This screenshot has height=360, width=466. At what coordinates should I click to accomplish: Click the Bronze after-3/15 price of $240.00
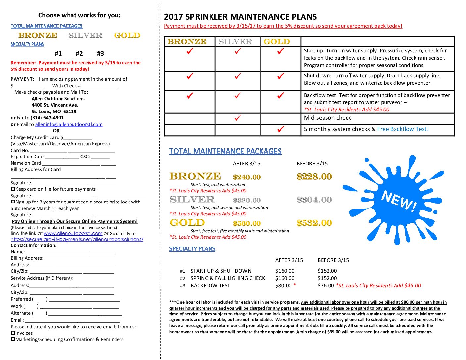coord(247,177)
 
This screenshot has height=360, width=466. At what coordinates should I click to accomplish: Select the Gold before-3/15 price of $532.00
coord(314,223)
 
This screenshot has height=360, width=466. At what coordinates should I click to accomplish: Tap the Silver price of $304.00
coord(314,200)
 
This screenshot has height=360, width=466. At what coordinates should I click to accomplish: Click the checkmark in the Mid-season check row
coord(237,118)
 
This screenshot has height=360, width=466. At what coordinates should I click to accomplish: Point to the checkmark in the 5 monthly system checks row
coord(280,129)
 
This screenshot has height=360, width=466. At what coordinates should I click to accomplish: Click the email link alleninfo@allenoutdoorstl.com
coord(69,124)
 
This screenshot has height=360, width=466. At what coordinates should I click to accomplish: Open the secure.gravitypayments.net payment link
coord(77,239)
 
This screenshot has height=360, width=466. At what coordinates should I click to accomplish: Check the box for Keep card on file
coord(13,189)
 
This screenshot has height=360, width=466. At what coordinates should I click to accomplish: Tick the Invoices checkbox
coord(13,333)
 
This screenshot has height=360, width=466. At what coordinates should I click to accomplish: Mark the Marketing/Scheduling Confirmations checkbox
coord(13,339)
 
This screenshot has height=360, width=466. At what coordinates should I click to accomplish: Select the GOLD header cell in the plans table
coord(277,42)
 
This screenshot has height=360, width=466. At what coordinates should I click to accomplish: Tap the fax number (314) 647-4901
coord(47,118)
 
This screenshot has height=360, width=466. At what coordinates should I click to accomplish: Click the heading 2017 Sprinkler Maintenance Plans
coord(240,17)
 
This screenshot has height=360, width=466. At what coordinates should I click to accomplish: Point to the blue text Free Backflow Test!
coord(403,129)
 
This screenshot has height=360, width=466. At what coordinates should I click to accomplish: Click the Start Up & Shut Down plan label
coord(221,271)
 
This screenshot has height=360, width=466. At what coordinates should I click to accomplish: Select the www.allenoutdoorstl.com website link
coord(73,233)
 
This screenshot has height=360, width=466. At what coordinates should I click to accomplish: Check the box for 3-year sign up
coord(13,202)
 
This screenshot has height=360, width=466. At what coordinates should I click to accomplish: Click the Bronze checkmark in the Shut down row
coord(190,76)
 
